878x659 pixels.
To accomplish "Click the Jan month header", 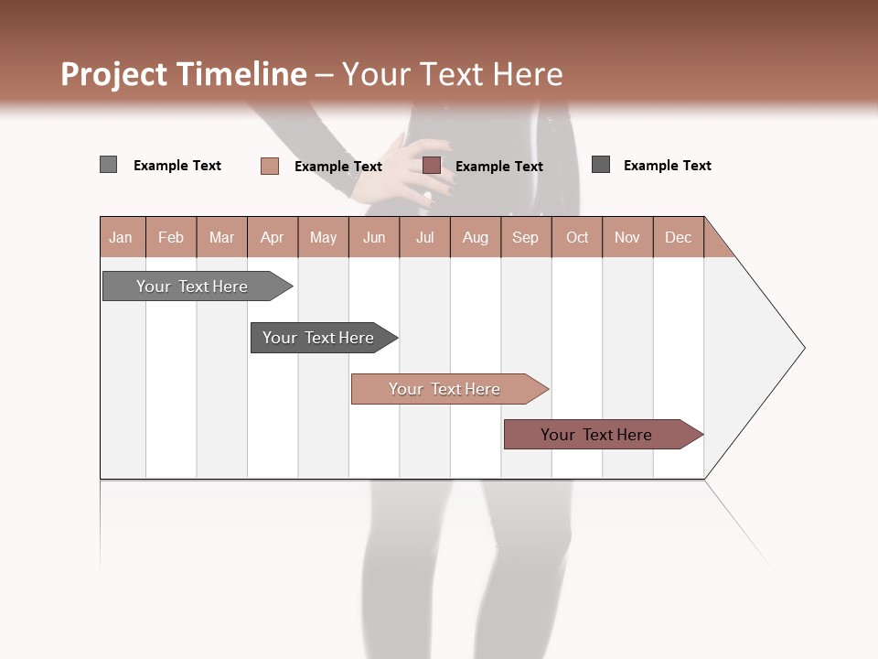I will [x=122, y=237].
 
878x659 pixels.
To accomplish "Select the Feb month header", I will [x=171, y=237].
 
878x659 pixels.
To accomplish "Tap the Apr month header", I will [x=273, y=237].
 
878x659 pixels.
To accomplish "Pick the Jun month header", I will [x=374, y=237].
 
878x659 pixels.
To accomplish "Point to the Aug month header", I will [x=476, y=237].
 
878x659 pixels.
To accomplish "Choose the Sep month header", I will [x=526, y=237].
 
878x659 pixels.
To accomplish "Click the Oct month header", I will [x=577, y=237].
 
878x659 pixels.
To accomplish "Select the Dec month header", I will [x=679, y=237].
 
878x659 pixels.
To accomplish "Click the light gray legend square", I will [x=109, y=165].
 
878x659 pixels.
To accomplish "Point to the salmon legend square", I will [x=270, y=166].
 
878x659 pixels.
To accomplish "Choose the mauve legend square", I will [x=432, y=166].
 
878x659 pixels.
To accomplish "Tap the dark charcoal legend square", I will [x=601, y=165].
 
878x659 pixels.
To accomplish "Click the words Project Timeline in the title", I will [x=184, y=74].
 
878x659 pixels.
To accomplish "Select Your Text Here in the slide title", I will [x=453, y=74].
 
